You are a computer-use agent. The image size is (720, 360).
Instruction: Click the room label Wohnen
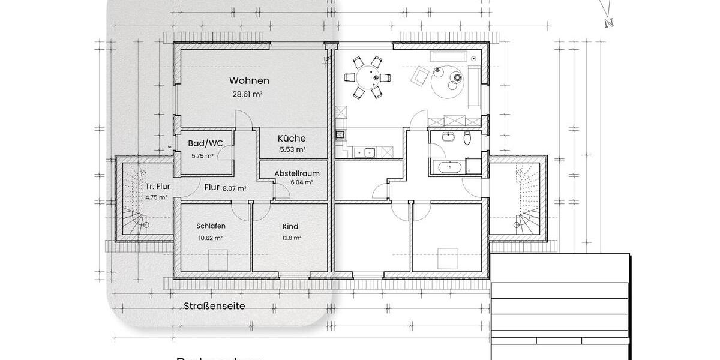[x=249, y=80]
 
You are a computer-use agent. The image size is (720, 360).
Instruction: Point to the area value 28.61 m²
[x=248, y=94]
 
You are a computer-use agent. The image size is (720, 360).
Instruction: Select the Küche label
[x=292, y=138]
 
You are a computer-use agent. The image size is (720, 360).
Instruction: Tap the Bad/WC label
[x=205, y=143]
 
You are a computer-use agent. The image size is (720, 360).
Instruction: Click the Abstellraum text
[x=294, y=173]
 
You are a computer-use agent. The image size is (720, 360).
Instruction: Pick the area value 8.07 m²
[x=234, y=188]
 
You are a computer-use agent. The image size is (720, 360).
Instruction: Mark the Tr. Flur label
[x=157, y=186]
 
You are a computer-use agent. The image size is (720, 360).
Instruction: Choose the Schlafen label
[x=211, y=226]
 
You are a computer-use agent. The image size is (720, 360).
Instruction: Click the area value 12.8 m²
[x=292, y=238]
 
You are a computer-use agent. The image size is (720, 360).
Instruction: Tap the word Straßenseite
[x=214, y=305]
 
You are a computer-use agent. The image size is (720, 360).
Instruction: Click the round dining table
[x=367, y=77]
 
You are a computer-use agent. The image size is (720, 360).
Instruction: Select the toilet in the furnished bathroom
[x=467, y=139]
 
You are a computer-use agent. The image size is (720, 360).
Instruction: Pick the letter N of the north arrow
[x=609, y=23]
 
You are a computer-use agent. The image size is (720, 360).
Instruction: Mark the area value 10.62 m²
[x=211, y=238]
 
